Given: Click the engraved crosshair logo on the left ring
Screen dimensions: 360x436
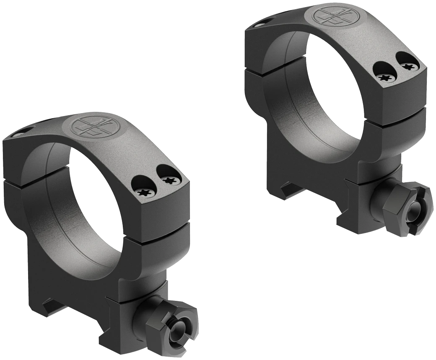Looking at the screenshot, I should click(x=90, y=125).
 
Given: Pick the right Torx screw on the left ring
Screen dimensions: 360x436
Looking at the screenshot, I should click(x=170, y=180).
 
